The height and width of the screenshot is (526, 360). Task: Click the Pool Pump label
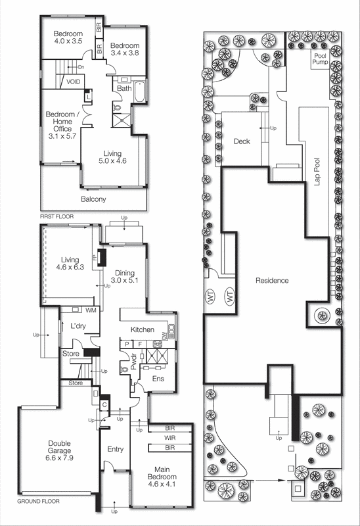pyautogui.click(x=320, y=59)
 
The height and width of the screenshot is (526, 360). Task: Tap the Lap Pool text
pyautogui.click(x=317, y=172)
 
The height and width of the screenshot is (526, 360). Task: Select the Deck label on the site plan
pyautogui.click(x=242, y=141)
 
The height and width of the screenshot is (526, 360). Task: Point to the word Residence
pyautogui.click(x=272, y=281)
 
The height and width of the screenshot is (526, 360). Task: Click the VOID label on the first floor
pyautogui.click(x=73, y=82)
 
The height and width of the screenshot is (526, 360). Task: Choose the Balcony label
pyautogui.click(x=93, y=199)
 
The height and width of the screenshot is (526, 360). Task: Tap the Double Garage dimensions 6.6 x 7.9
pyautogui.click(x=59, y=458)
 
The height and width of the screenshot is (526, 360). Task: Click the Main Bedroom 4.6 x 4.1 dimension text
pyautogui.click(x=162, y=484)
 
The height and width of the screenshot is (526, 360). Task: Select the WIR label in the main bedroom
pyautogui.click(x=169, y=438)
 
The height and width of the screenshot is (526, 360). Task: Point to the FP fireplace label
pyautogui.click(x=95, y=258)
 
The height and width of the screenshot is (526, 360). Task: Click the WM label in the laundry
pyautogui.click(x=91, y=310)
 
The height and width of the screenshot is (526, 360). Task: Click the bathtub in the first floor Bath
pyautogui.click(x=139, y=92)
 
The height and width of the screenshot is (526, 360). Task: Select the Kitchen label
pyautogui.click(x=143, y=330)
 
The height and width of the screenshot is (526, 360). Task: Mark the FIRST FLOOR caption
pyautogui.click(x=56, y=217)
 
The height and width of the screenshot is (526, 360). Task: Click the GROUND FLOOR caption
pyautogui.click(x=38, y=502)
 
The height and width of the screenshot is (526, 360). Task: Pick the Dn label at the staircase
pyautogui.click(x=81, y=67)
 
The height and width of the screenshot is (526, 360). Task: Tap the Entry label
pyautogui.click(x=116, y=449)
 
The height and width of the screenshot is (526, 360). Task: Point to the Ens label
pyautogui.click(x=158, y=379)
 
